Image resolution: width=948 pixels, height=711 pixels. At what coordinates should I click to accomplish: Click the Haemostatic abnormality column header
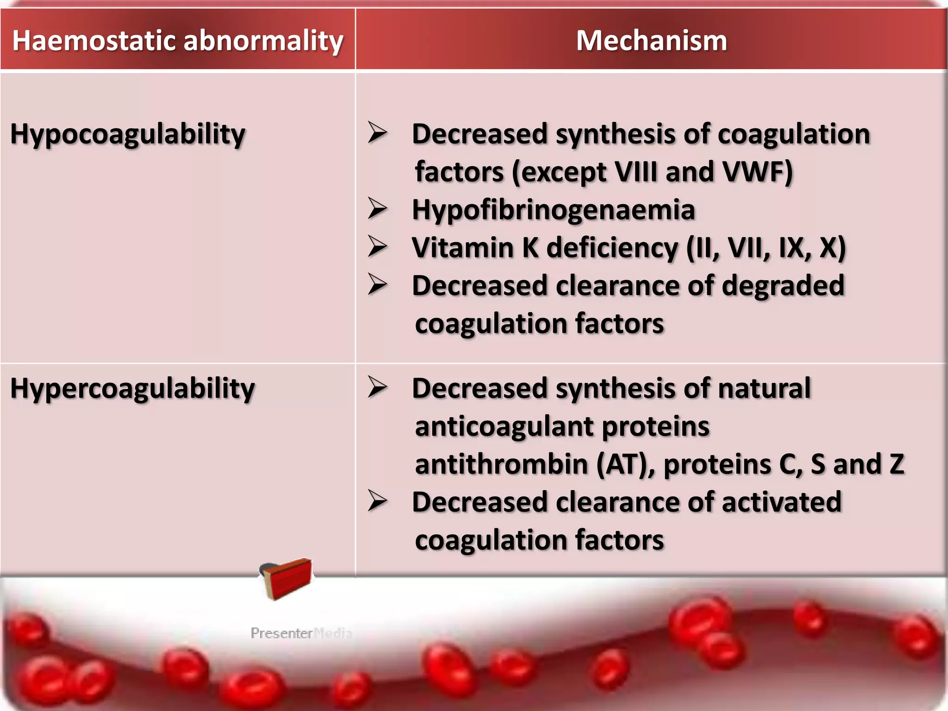[177, 41]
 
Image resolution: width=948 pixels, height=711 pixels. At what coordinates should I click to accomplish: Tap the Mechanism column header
[651, 41]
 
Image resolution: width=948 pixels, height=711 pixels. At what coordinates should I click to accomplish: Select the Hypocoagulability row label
[128, 134]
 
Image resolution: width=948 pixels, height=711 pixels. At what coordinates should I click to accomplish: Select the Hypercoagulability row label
[132, 388]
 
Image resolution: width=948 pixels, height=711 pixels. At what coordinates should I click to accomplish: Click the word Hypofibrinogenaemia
[553, 210]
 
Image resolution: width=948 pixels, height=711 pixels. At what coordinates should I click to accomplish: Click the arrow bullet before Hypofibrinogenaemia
[377, 208]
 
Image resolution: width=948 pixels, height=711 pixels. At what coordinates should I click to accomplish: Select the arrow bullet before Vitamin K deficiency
[377, 246]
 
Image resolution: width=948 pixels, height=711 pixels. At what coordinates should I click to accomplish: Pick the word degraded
[783, 286]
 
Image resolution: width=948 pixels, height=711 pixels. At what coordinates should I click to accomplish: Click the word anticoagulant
[504, 426]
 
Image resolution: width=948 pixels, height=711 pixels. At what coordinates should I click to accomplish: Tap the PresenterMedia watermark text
[301, 633]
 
